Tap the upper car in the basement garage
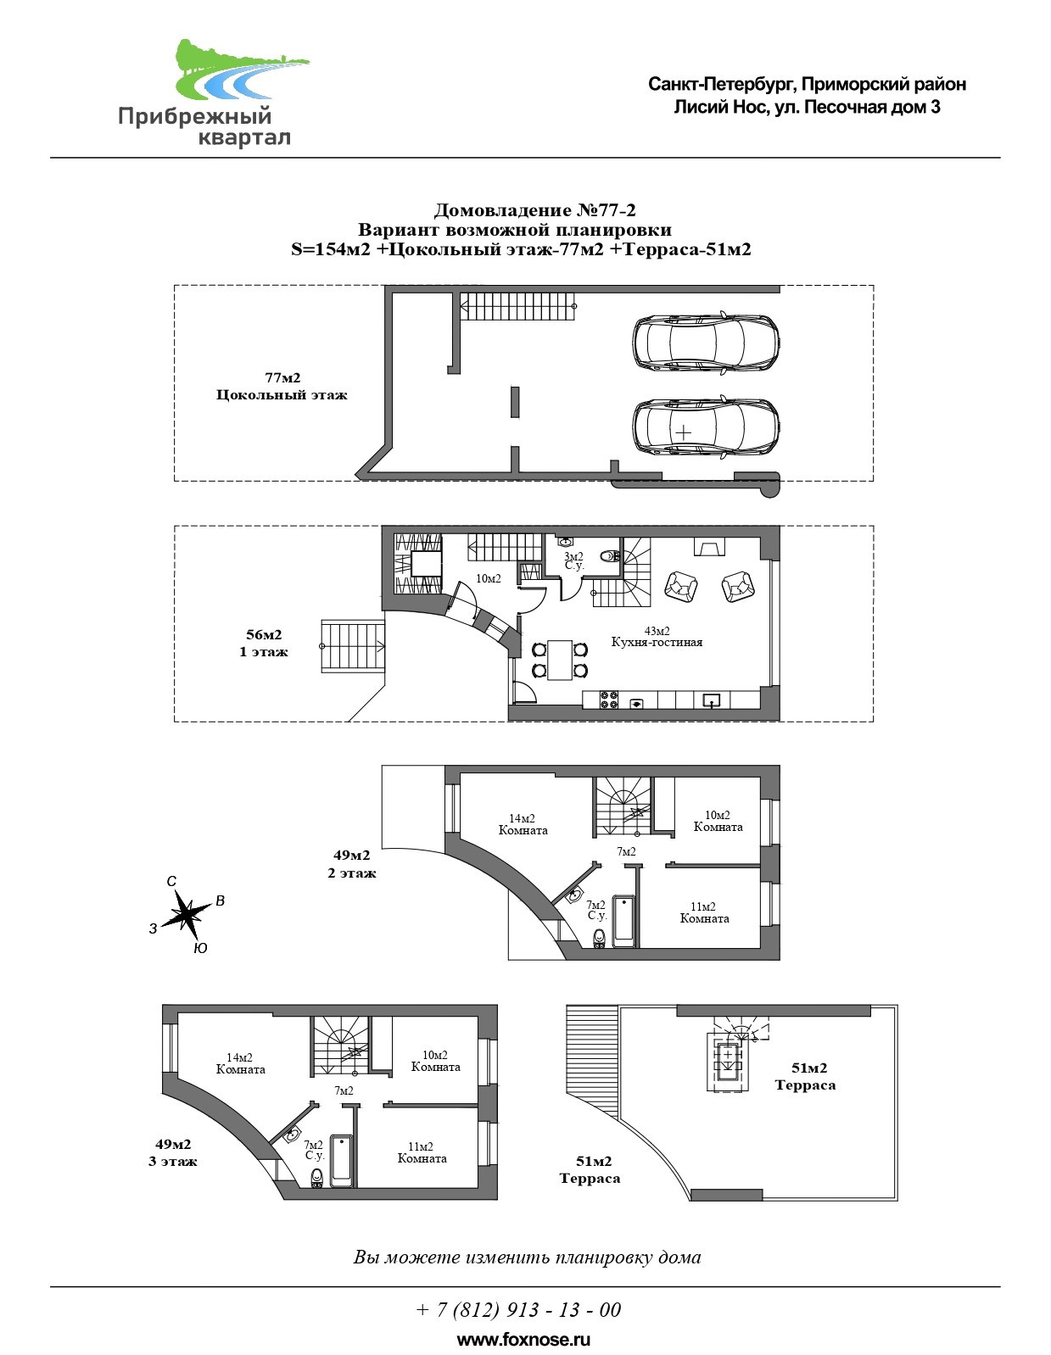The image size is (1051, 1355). pyautogui.click(x=706, y=343)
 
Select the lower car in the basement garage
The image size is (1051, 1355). pyautogui.click(x=706, y=427)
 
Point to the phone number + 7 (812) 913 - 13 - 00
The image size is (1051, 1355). pyautogui.click(x=518, y=1310)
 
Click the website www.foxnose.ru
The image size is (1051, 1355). pyautogui.click(x=523, y=1340)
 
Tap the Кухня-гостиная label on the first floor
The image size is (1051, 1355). pyautogui.click(x=657, y=642)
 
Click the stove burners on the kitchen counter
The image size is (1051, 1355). pyautogui.click(x=609, y=700)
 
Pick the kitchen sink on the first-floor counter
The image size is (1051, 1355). pyautogui.click(x=711, y=700)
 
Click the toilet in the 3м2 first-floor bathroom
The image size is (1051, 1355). pyautogui.click(x=608, y=557)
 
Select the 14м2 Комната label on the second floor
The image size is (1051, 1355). pyautogui.click(x=523, y=825)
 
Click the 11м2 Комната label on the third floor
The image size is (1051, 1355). pyautogui.click(x=422, y=1152)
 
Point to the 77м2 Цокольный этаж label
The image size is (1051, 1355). pyautogui.click(x=282, y=387)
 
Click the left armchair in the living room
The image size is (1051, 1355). pyautogui.click(x=680, y=585)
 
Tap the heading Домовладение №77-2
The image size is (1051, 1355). pyautogui.click(x=534, y=210)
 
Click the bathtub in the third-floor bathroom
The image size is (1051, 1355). pyautogui.click(x=342, y=1161)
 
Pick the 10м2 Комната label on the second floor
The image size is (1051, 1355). pyautogui.click(x=718, y=821)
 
